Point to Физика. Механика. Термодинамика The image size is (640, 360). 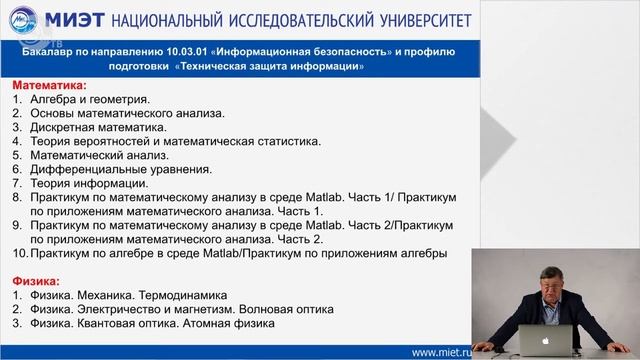[130, 296]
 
